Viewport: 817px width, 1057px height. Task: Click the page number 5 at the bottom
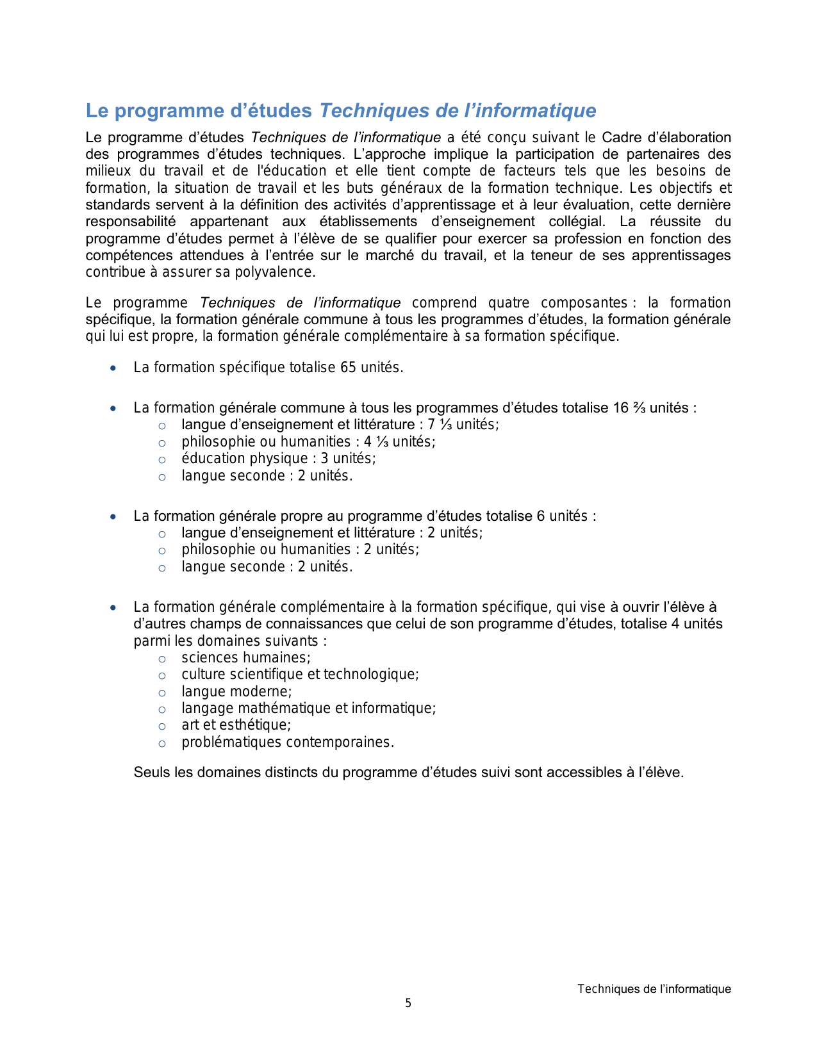point(408,1003)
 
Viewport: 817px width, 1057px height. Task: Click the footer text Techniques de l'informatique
point(654,989)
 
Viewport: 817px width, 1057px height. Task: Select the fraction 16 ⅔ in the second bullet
point(629,408)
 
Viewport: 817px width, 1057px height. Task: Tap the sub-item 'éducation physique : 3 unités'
point(278,459)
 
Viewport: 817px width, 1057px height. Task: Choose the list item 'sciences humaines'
point(245,658)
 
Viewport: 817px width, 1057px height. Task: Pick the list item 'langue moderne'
point(236,692)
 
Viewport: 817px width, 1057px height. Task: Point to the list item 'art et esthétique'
point(236,725)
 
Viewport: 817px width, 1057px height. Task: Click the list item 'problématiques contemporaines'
point(287,742)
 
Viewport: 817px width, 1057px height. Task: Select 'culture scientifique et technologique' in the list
point(300,675)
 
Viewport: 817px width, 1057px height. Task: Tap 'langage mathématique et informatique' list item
point(308,709)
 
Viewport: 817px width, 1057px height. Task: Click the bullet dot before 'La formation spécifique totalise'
point(113,368)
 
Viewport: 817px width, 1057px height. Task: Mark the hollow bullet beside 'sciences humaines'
point(162,659)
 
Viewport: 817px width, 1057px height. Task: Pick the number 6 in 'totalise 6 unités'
point(540,516)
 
